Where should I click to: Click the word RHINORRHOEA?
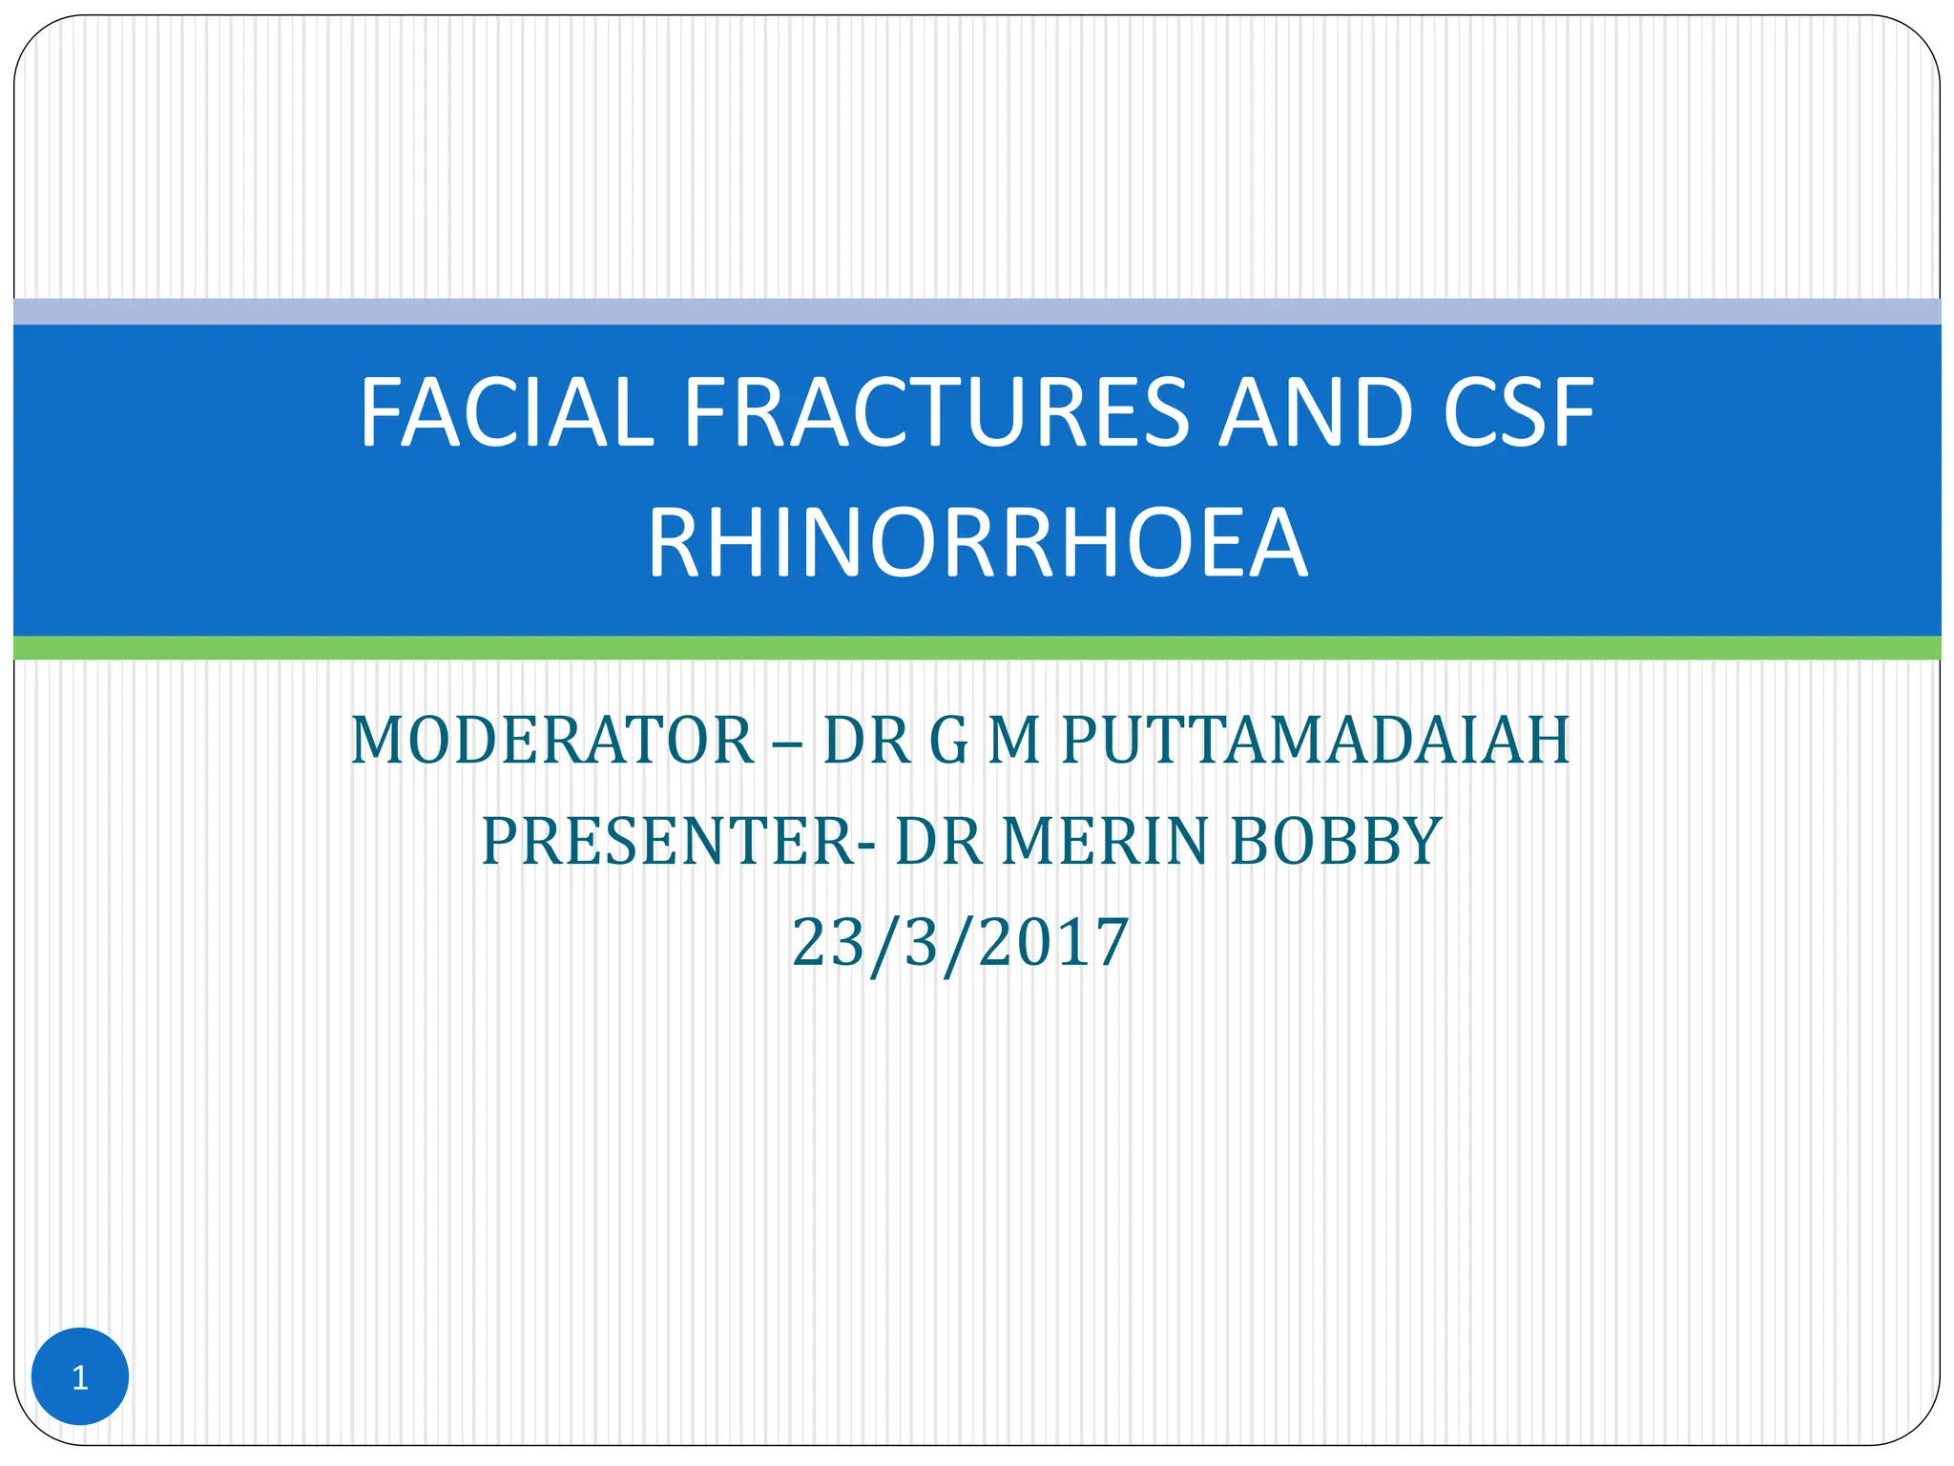click(x=977, y=544)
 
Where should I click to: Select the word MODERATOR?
click(x=552, y=741)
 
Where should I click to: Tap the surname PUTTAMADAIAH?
click(x=1315, y=741)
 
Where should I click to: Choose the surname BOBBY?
click(x=1336, y=842)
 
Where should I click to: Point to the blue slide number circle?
click(x=80, y=1376)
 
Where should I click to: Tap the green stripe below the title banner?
click(x=977, y=647)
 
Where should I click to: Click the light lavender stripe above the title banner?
click(x=977, y=311)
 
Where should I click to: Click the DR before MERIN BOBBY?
click(x=939, y=842)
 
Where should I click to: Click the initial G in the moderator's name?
click(x=948, y=741)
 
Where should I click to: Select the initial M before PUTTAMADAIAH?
click(x=1013, y=741)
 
